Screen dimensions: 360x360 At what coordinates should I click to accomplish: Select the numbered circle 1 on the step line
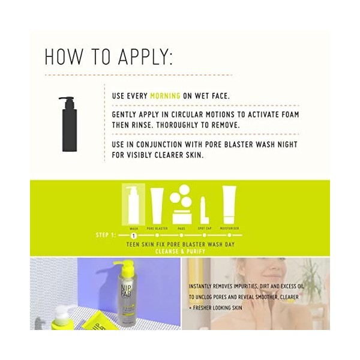(133, 235)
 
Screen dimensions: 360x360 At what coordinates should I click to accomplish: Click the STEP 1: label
(108, 235)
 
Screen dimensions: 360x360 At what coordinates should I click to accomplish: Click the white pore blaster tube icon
(157, 205)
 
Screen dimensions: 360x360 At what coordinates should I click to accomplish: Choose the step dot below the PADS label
(181, 236)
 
